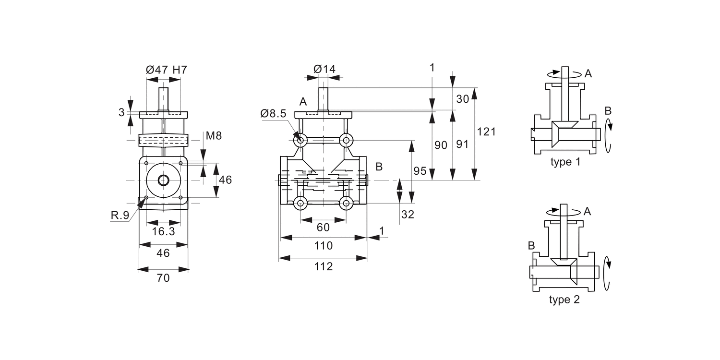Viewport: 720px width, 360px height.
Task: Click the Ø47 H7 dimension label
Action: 166,70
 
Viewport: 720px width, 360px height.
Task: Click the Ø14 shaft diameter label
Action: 324,69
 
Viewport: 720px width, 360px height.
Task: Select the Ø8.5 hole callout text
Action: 273,114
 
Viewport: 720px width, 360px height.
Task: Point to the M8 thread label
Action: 214,136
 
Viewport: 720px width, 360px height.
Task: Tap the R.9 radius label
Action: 120,216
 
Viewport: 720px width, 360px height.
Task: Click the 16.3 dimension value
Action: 163,232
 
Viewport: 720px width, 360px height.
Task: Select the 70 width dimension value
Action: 163,278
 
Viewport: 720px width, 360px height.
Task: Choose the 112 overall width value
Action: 324,267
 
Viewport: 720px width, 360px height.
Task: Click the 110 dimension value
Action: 324,246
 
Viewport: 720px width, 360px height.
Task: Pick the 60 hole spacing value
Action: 324,228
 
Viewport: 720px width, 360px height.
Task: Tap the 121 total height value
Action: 486,132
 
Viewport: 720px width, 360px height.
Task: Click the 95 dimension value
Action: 420,171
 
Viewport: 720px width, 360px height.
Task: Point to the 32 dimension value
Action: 408,215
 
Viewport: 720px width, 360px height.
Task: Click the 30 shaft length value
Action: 463,99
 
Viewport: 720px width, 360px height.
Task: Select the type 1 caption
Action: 565,162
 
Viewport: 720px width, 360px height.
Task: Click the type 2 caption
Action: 564,300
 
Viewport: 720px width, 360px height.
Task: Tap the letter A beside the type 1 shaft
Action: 588,73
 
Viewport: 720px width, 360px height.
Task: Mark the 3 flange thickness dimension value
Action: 122,112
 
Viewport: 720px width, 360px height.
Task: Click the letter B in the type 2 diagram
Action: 531,246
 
